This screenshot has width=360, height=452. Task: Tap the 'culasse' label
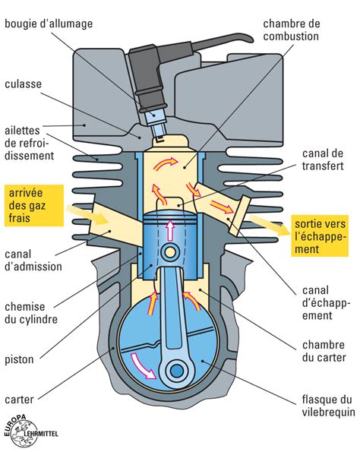point(26,84)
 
